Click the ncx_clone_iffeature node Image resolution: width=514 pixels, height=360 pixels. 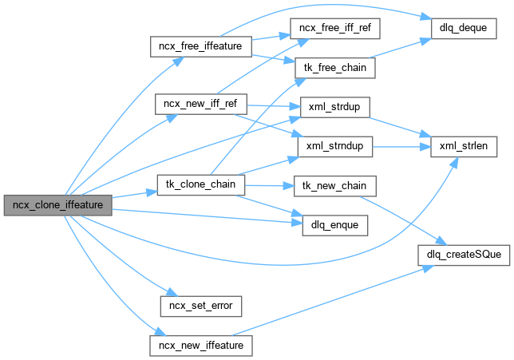click(56, 204)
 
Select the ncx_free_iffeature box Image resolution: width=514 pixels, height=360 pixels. click(201, 46)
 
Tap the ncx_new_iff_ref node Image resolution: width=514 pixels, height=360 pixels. click(201, 105)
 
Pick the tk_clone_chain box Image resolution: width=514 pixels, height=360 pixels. click(201, 184)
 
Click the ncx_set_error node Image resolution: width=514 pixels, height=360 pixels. click(201, 305)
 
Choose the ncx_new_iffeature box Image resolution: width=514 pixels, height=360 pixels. click(201, 345)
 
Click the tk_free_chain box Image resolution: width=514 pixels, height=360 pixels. click(335, 67)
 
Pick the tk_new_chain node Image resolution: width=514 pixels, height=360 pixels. click(335, 186)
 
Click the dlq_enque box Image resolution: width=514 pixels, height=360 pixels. click(335, 226)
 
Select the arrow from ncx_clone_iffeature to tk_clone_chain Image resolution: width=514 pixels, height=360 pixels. click(128, 195)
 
